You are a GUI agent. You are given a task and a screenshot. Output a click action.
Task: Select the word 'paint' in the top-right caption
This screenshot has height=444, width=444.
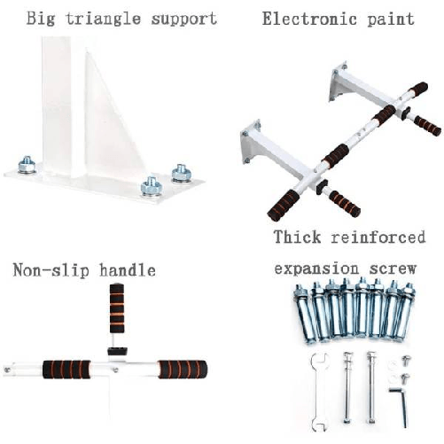pyautogui.click(x=389, y=19)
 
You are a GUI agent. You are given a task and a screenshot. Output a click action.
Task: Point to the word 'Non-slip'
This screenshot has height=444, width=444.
pyautogui.click(x=47, y=269)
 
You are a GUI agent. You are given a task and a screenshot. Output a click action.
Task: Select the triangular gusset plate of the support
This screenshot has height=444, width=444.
pyautogui.click(x=110, y=124)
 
